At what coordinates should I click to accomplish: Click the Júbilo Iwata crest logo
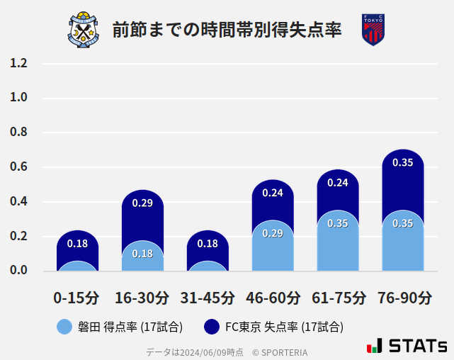point(84,30)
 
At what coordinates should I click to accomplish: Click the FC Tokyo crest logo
point(373,30)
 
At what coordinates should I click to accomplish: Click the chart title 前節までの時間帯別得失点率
point(227,30)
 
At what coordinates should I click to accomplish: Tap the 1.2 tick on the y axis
point(18,64)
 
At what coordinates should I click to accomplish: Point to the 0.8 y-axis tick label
point(18,133)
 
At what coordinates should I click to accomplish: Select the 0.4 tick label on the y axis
point(18,202)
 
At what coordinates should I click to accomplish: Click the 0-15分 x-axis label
point(76,298)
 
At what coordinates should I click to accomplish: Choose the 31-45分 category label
point(207,298)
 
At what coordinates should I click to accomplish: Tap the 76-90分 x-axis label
point(404,298)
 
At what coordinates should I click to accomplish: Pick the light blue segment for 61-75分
point(338,241)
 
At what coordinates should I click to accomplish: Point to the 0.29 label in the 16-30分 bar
point(142,203)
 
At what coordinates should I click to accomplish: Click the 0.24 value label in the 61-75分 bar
point(338,183)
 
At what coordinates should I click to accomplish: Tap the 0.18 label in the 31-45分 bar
point(208,244)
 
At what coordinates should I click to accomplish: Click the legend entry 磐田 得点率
point(120,327)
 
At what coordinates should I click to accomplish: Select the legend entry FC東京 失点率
point(273,327)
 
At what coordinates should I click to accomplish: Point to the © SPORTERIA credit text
point(280,352)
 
